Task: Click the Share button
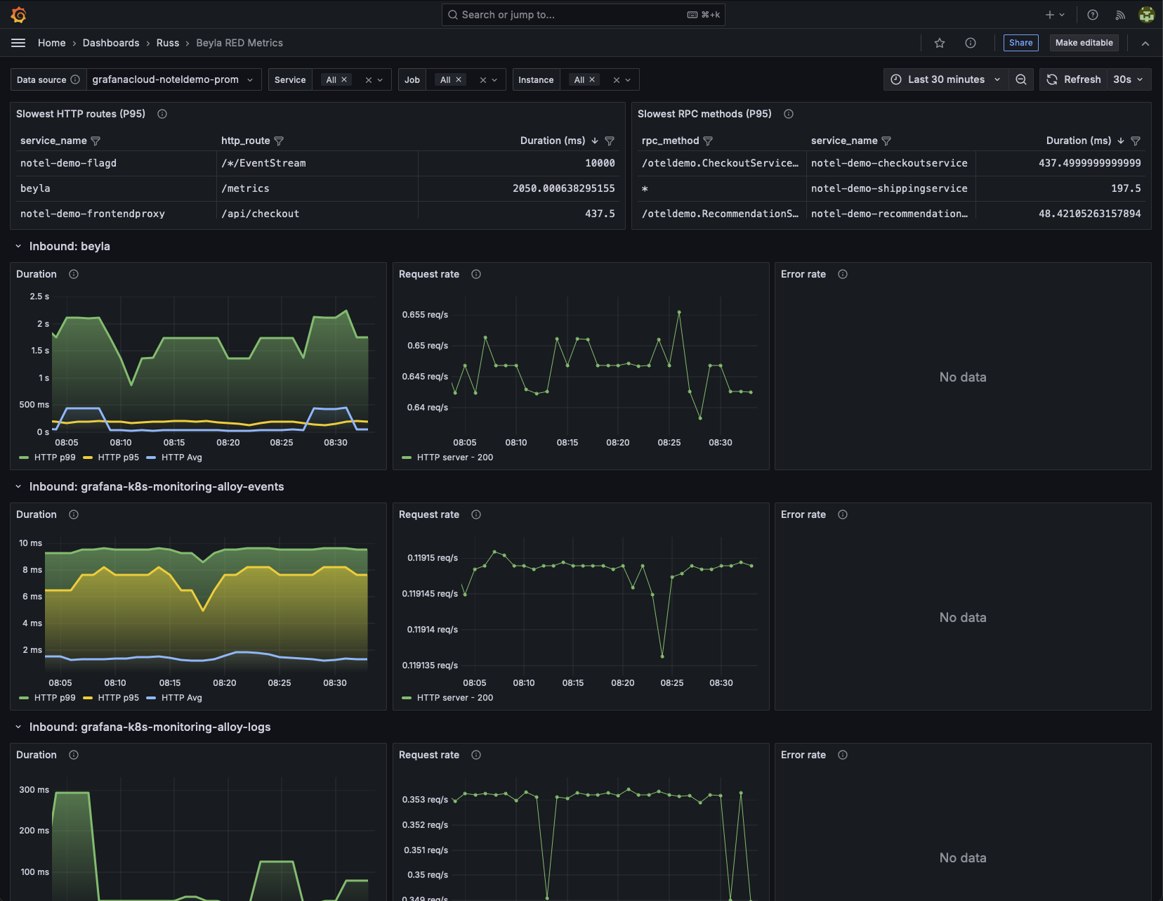tap(1020, 43)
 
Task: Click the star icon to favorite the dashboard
tap(940, 43)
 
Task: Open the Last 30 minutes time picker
tap(945, 79)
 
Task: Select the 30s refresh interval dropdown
tap(1128, 79)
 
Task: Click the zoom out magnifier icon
tap(1021, 79)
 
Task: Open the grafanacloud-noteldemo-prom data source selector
tap(172, 79)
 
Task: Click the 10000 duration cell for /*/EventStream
tap(600, 163)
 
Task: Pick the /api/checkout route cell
tap(261, 214)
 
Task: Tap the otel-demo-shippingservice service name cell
tap(889, 188)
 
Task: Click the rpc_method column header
tap(670, 141)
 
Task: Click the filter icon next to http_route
tap(279, 141)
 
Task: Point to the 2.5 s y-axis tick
tap(39, 297)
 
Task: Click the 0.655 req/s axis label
tap(425, 315)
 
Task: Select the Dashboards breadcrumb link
tap(111, 43)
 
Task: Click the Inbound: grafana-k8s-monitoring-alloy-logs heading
tap(150, 727)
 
